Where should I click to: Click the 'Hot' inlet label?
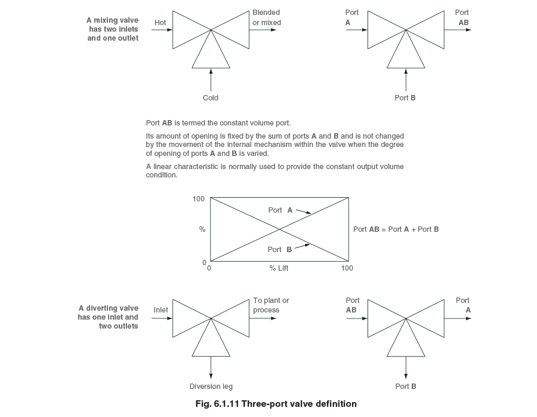point(160,23)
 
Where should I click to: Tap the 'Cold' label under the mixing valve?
point(211,98)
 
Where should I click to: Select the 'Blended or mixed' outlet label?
point(266,17)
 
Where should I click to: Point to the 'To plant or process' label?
point(271,305)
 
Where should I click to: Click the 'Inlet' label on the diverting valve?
point(161,310)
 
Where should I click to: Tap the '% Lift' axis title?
point(279,268)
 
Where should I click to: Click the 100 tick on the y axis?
point(199,198)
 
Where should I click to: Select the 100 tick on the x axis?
point(347,268)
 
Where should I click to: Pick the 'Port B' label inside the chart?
point(280,250)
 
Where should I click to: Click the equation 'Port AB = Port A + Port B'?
point(396,229)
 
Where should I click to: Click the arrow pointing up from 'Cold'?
point(211,79)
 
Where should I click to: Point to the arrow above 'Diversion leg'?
point(211,367)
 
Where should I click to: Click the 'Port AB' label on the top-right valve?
point(462,17)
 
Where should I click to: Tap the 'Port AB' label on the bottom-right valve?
point(352,305)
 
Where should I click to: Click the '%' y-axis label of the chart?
point(202,229)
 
